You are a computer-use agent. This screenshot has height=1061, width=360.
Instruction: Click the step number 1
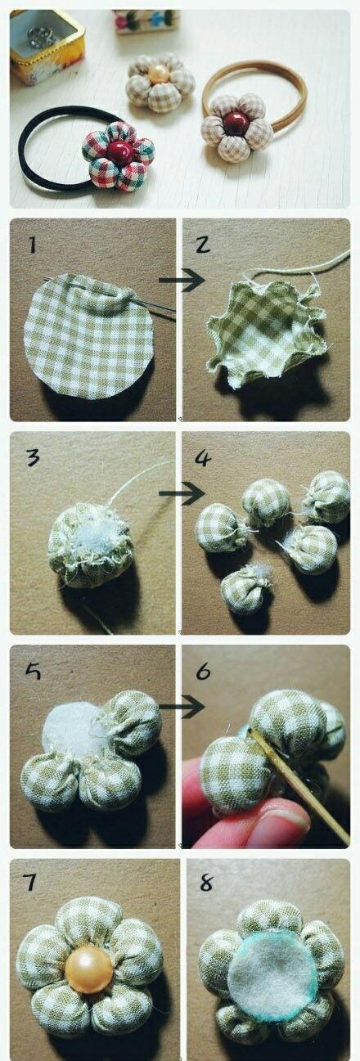click(x=32, y=245)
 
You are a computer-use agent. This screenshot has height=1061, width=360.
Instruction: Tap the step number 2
click(x=202, y=245)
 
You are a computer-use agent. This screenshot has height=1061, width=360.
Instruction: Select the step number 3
click(x=34, y=457)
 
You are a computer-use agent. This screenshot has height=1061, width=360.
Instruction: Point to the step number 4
click(x=203, y=458)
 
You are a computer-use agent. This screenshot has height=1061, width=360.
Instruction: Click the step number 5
click(x=34, y=672)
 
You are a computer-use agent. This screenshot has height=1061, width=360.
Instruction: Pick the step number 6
click(x=203, y=672)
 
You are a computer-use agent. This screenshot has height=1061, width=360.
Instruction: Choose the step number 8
click(x=206, y=883)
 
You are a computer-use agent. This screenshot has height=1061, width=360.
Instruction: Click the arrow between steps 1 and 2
click(x=182, y=281)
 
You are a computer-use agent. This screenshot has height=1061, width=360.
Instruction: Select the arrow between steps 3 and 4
click(x=182, y=493)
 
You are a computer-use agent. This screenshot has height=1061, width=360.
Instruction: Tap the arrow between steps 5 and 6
click(x=182, y=707)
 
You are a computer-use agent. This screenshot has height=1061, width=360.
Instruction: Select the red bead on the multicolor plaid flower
click(x=118, y=151)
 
